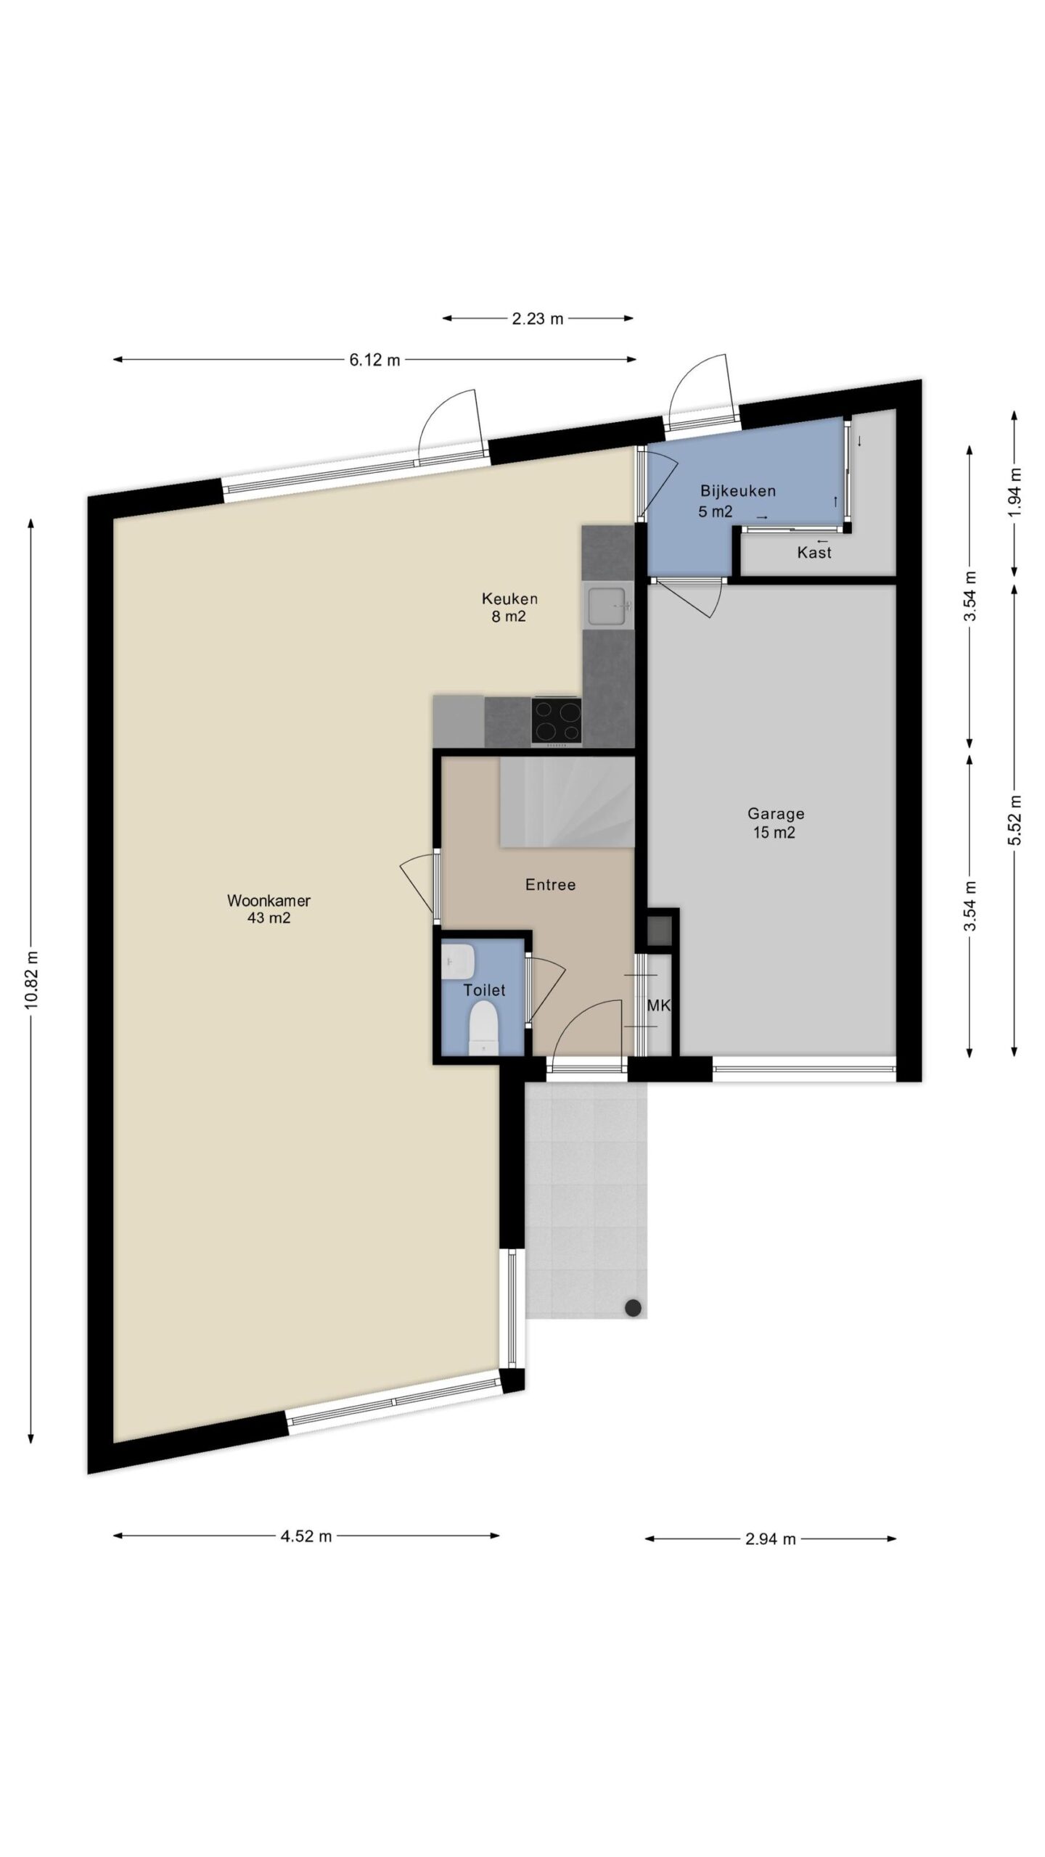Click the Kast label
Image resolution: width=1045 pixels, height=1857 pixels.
coord(814,553)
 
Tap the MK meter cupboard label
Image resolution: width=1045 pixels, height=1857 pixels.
coord(657,1005)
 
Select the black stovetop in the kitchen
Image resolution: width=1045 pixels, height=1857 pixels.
coord(556,720)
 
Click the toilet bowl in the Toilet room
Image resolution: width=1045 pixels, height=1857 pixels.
coord(482,1026)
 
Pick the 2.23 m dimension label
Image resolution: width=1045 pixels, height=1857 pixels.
coord(538,318)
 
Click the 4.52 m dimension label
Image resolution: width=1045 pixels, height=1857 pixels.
coord(306,1536)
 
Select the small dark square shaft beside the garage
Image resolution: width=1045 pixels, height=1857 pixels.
coord(659,931)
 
